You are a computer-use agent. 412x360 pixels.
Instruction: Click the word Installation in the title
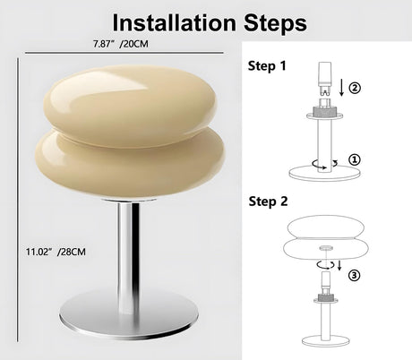(174, 22)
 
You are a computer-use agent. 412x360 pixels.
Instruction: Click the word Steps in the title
(275, 23)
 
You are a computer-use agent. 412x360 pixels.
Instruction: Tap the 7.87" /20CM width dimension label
(120, 44)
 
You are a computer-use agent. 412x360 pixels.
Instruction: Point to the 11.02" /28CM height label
(56, 252)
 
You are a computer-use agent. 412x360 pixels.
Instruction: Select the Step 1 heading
(267, 66)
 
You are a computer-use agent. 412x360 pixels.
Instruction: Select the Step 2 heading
(268, 201)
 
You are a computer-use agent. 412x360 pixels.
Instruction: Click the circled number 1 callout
(355, 159)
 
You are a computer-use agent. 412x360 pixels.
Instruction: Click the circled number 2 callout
(355, 88)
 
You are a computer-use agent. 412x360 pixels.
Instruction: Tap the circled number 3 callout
(355, 275)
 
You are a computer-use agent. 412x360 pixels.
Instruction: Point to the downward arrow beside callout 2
(342, 87)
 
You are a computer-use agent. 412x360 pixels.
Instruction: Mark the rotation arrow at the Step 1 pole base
(324, 164)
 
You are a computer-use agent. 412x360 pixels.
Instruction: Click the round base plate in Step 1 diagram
(324, 173)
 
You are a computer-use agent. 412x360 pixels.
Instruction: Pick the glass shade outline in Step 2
(325, 241)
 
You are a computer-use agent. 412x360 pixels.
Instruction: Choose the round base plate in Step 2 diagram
(325, 340)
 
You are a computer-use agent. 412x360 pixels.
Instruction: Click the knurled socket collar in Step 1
(324, 112)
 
